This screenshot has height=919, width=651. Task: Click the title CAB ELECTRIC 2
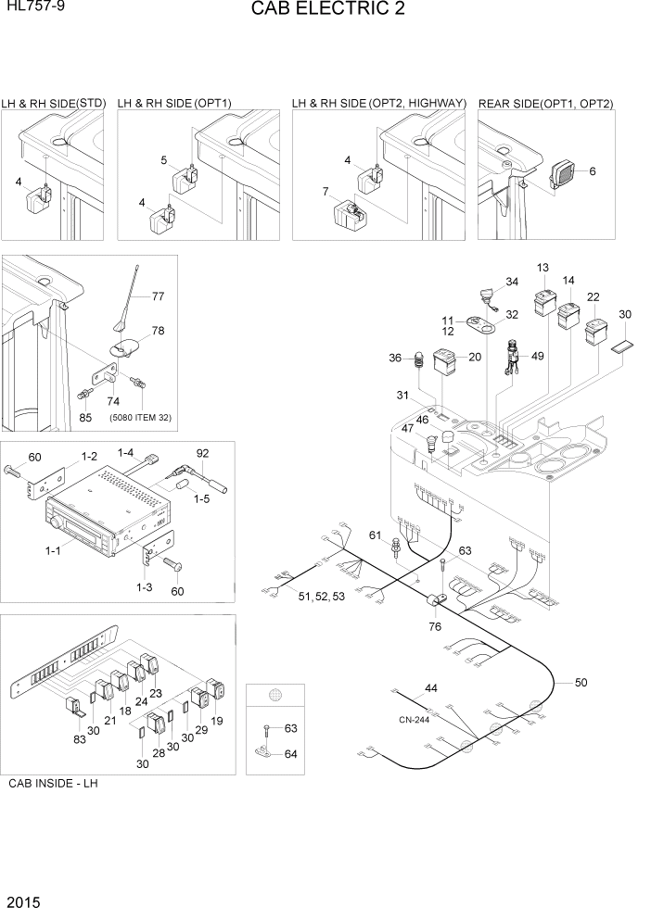pos(326,10)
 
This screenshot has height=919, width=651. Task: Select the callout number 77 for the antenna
pos(158,297)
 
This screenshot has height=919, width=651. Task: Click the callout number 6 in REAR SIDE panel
pos(593,170)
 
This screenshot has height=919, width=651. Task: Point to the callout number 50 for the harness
pos(581,683)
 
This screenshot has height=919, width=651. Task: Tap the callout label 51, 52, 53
pos(320,596)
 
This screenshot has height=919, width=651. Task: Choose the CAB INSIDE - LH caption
pos(53,784)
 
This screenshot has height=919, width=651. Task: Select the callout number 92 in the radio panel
pos(202,453)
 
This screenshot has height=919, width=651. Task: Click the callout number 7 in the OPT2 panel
pos(325,192)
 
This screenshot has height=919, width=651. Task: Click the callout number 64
pos(290,754)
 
